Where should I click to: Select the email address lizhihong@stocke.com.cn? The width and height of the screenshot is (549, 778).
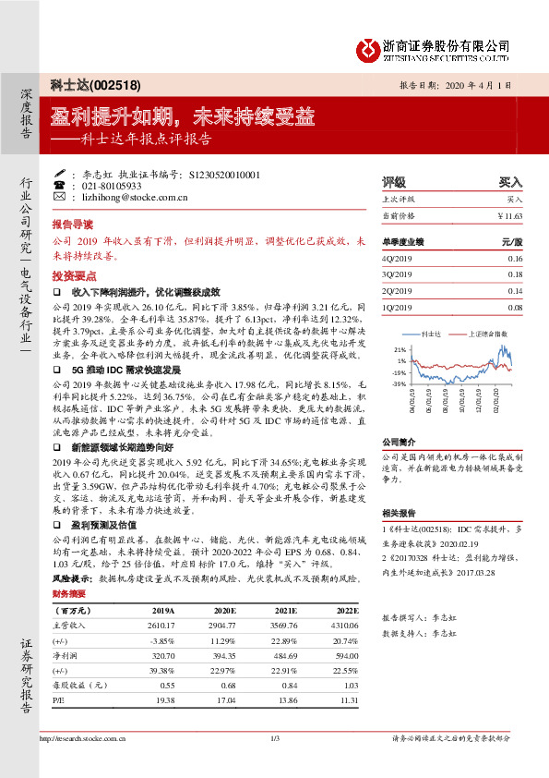pyautogui.click(x=136, y=197)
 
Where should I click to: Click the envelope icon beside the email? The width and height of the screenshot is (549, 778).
pyautogui.click(x=60, y=197)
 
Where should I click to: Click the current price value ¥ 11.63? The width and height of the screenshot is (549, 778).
pyautogui.click(x=509, y=214)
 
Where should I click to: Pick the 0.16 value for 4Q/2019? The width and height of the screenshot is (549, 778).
pyautogui.click(x=515, y=260)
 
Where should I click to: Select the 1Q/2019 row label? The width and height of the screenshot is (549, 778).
pyautogui.click(x=399, y=307)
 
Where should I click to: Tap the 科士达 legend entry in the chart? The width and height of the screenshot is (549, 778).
pyautogui.click(x=427, y=331)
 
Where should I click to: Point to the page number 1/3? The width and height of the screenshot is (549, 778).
pyautogui.click(x=274, y=764)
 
